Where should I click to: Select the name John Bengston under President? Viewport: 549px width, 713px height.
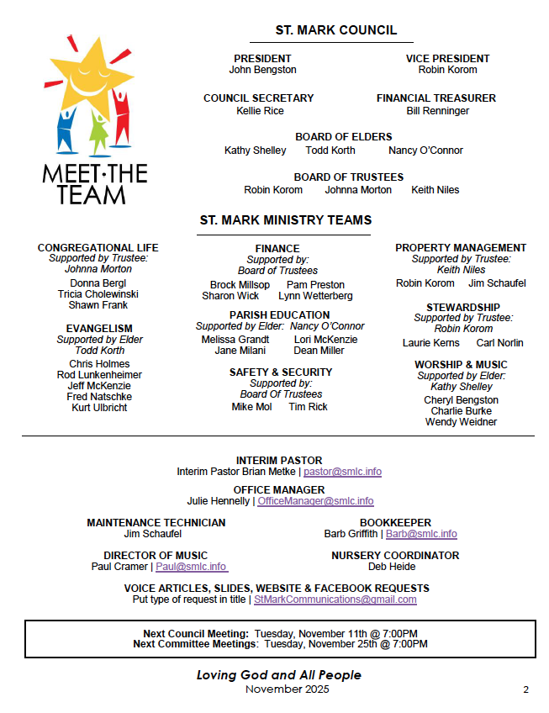click(262, 71)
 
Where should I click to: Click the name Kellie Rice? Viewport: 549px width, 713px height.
click(260, 111)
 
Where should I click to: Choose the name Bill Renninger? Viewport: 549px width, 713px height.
click(437, 111)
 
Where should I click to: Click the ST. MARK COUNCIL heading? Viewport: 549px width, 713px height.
click(335, 30)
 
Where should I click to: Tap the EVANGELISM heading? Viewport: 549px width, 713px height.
click(99, 329)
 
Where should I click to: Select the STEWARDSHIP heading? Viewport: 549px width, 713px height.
click(462, 308)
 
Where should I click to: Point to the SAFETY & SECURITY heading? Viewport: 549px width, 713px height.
click(281, 372)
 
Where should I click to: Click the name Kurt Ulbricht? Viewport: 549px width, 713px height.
click(99, 408)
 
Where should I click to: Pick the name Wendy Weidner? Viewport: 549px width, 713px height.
click(461, 422)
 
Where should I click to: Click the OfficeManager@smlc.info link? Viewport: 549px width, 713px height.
click(315, 501)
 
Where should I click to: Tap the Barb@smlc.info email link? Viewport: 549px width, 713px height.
click(421, 534)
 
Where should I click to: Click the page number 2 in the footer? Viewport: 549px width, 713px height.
click(525, 690)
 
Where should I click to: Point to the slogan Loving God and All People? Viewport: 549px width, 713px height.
click(278, 675)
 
